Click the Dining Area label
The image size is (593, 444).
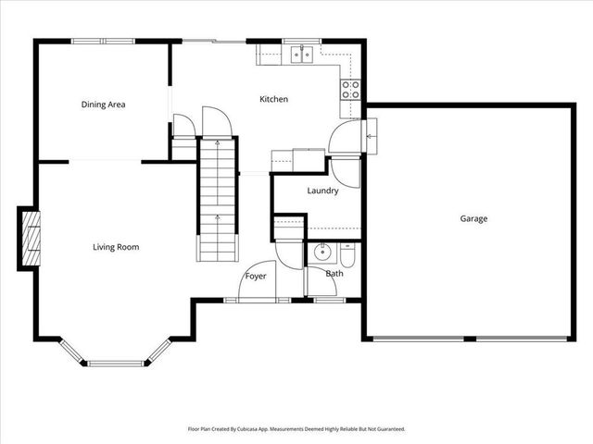tap(103, 105)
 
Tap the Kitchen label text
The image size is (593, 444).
tap(273, 99)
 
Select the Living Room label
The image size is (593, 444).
tap(116, 247)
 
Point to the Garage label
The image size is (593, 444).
tap(473, 219)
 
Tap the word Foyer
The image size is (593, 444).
tap(256, 277)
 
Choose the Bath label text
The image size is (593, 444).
tap(334, 274)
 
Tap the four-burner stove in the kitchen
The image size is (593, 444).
tap(351, 90)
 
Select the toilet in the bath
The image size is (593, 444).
tap(347, 252)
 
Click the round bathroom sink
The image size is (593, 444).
tap(323, 252)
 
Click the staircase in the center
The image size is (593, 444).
tap(218, 199)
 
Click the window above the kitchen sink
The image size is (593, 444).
tap(300, 41)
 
